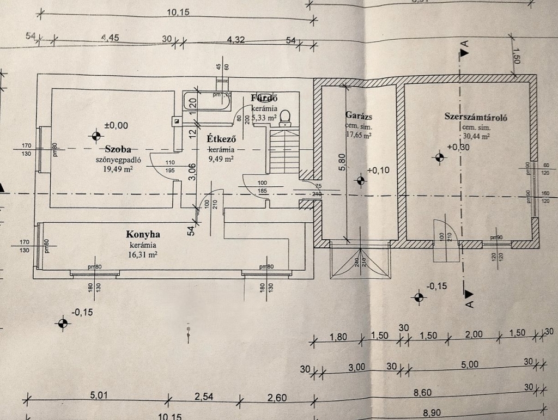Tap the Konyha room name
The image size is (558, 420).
[143, 235]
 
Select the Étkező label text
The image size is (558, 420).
[221, 138]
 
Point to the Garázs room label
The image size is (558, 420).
[359, 115]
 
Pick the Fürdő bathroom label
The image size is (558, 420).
[264, 99]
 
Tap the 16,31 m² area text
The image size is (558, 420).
[143, 254]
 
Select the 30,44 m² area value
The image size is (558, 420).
[476, 137]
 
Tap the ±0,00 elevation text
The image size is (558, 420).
[116, 125]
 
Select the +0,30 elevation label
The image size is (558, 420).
[457, 147]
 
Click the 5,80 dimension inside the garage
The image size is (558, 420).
[342, 162]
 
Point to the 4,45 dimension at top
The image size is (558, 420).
[110, 39]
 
